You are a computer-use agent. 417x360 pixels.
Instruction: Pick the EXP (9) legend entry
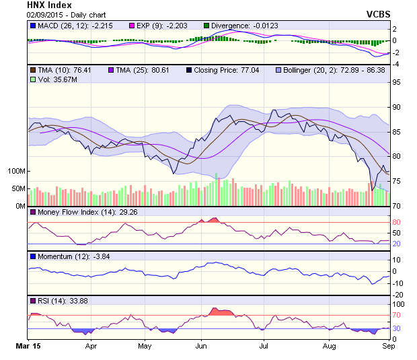(162, 26)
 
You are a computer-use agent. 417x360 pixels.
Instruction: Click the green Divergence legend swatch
(206, 26)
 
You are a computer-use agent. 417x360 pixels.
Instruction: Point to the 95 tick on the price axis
(397, 82)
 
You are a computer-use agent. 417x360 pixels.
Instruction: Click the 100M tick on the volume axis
(15, 171)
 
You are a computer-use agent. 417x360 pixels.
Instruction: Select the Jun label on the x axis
(200, 347)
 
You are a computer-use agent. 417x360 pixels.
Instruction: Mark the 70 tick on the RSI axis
(397, 315)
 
